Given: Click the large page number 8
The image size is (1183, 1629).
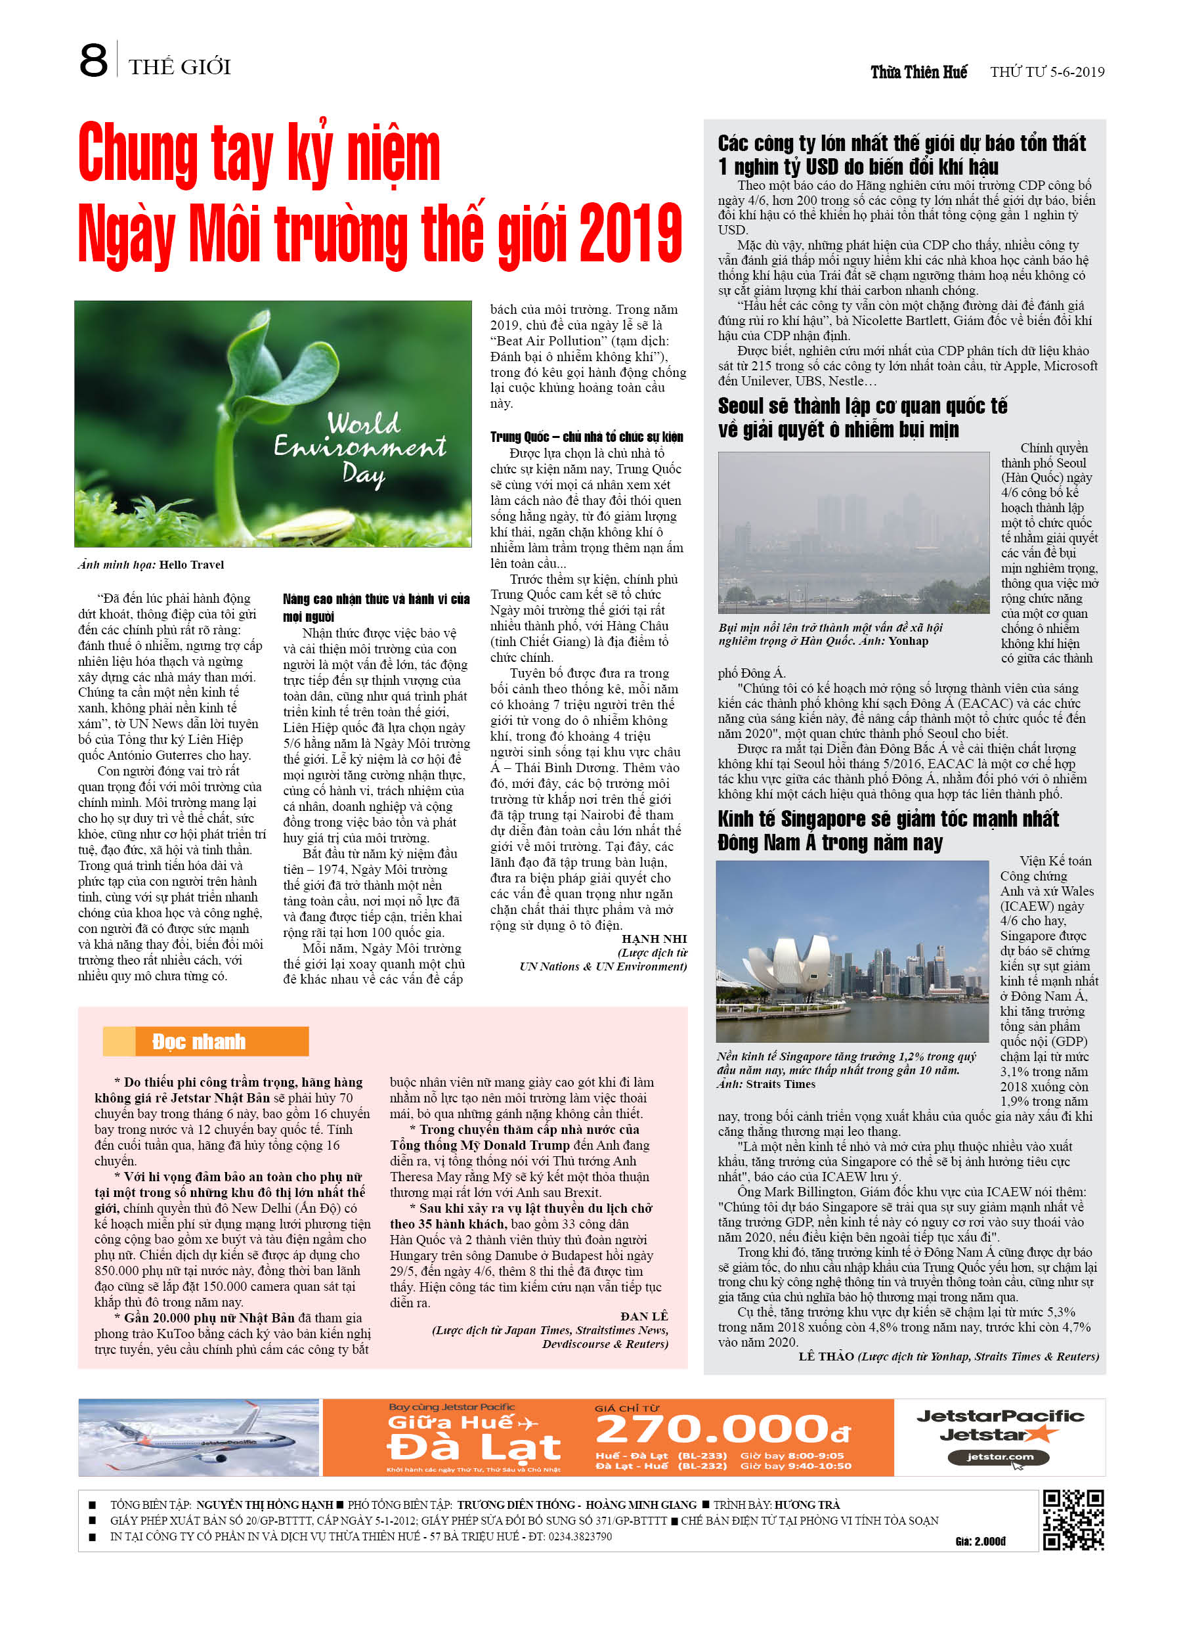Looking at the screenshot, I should [x=93, y=61].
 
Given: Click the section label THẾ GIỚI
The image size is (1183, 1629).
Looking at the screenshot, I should [x=180, y=68].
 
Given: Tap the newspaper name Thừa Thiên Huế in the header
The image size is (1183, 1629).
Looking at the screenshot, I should [x=918, y=72].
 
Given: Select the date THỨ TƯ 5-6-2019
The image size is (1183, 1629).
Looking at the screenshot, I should [x=1047, y=72].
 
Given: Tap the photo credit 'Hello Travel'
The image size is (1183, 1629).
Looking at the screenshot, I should [x=191, y=565].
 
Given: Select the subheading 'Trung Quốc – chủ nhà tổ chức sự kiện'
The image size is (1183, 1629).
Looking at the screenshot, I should [x=587, y=437].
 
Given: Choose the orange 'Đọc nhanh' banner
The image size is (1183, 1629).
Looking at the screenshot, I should [x=205, y=1041].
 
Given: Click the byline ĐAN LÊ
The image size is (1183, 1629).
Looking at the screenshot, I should [x=644, y=1316].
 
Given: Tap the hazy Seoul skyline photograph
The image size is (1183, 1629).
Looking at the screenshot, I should [x=853, y=532].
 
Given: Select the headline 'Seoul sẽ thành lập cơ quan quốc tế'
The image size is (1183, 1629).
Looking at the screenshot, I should [x=862, y=406].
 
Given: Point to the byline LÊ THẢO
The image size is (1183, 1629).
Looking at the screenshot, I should [x=826, y=1356].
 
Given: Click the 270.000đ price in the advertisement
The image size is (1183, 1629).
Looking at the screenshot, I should [x=723, y=1429].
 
